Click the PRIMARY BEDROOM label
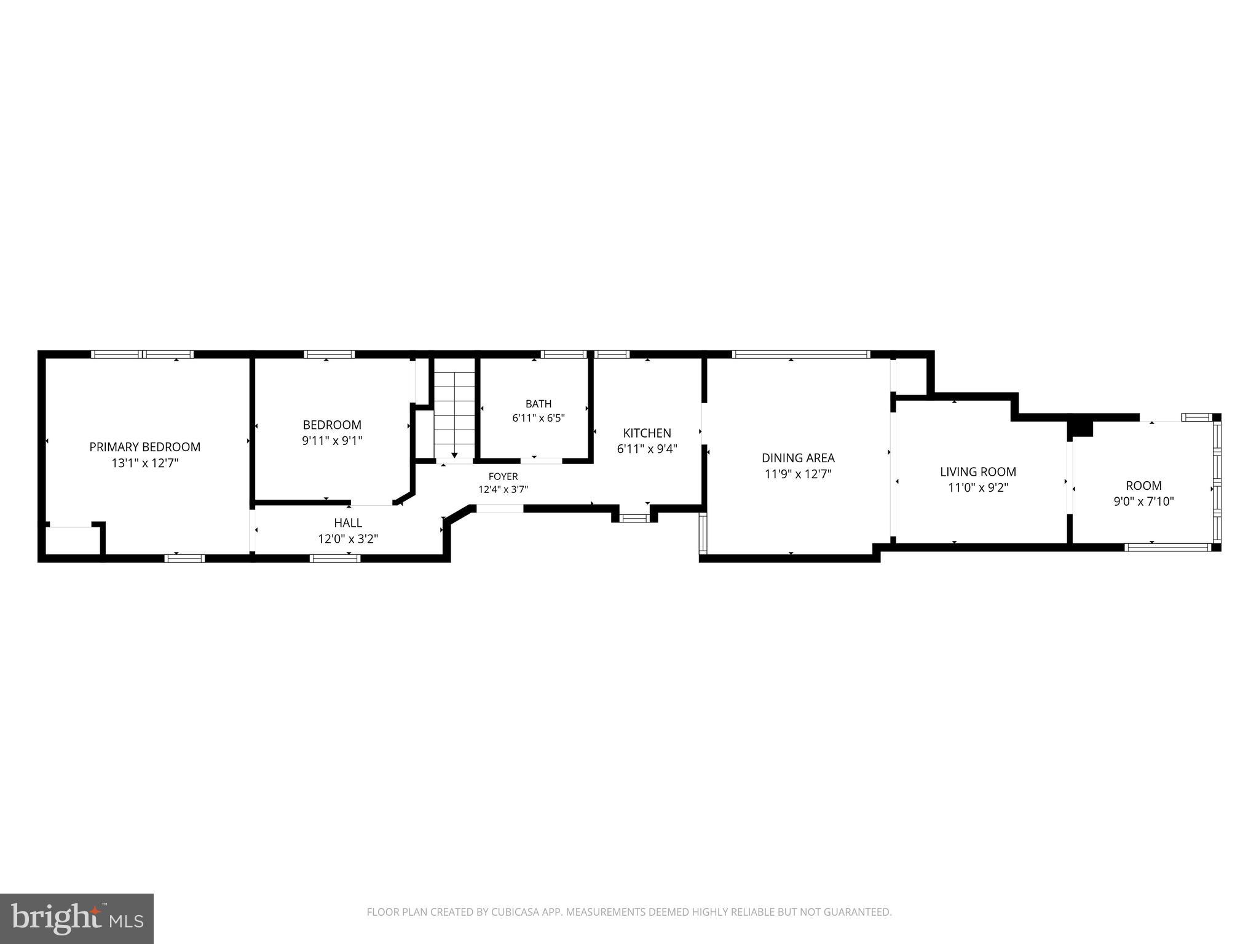pos(145,447)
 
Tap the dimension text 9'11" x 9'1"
pos(332,441)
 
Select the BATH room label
pos(539,404)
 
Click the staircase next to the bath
pos(455,409)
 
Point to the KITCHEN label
pos(647,433)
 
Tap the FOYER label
pos(503,476)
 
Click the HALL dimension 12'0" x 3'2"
pos(348,539)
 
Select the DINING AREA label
pos(798,458)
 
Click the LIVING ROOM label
pos(978,472)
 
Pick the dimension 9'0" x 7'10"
pos(1144,502)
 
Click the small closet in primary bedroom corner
pos(73,540)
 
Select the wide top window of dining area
pos(800,354)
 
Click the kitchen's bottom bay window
pos(634,518)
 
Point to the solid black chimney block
pos(1082,428)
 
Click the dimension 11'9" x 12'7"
pos(798,474)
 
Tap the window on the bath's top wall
pos(564,354)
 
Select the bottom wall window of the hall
pos(335,558)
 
